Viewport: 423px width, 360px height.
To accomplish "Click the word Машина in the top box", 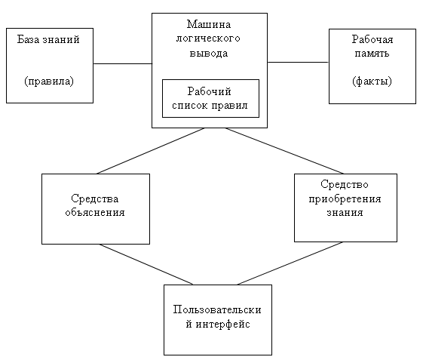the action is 209,24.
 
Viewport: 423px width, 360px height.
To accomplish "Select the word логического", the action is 208,38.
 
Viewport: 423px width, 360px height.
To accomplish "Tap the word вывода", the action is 209,53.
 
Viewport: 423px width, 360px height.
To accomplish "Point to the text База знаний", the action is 48,39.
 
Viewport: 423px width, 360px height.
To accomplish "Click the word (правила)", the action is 49,81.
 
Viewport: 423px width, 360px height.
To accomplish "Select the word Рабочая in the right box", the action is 372,39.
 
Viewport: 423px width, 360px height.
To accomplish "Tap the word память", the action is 372,53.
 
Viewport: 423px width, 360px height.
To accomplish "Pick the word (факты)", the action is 372,81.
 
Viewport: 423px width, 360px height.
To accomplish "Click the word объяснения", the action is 95,213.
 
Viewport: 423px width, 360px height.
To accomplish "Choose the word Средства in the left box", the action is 95,198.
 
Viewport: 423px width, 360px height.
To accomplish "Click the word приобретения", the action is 345,199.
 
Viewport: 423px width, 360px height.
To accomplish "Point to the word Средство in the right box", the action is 345,184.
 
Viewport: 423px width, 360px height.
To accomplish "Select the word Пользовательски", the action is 217,309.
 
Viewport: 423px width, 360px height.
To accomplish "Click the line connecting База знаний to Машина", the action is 122,63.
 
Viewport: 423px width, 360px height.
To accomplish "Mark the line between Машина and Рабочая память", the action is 298,62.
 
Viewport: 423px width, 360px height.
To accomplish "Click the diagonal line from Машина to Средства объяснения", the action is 151,151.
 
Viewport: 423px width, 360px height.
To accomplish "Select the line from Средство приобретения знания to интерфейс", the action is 290,263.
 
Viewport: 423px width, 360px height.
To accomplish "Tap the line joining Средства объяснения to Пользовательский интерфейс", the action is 146,264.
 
